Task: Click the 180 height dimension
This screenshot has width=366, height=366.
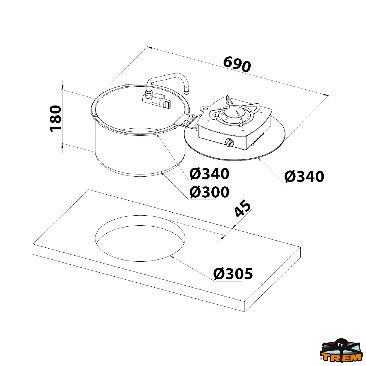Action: [x=56, y=119]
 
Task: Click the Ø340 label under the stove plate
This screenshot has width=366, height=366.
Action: [x=304, y=177]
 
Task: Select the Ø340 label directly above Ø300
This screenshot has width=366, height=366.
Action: [x=210, y=174]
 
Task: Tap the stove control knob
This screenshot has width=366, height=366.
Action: [x=229, y=142]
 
